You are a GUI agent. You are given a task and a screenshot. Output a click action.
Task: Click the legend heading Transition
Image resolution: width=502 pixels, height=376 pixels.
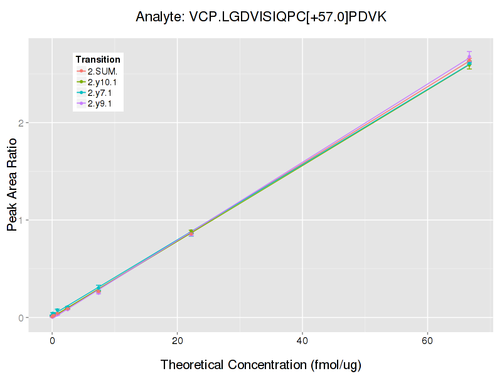coord(98,60)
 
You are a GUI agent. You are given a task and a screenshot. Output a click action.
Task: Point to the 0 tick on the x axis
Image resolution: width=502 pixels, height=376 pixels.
coord(52,340)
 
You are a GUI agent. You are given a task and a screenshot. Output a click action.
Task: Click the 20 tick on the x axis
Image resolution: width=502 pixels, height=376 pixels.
coord(177,340)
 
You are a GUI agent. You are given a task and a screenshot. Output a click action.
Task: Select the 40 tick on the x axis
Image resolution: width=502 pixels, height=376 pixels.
coord(302,340)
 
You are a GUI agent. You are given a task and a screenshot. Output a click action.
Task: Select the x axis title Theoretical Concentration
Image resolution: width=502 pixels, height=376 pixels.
coord(261,365)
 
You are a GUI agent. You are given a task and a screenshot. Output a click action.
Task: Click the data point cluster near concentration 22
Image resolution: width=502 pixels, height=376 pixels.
coord(191,233)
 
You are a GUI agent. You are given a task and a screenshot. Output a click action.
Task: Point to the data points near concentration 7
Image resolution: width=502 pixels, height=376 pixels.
coord(99,290)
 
